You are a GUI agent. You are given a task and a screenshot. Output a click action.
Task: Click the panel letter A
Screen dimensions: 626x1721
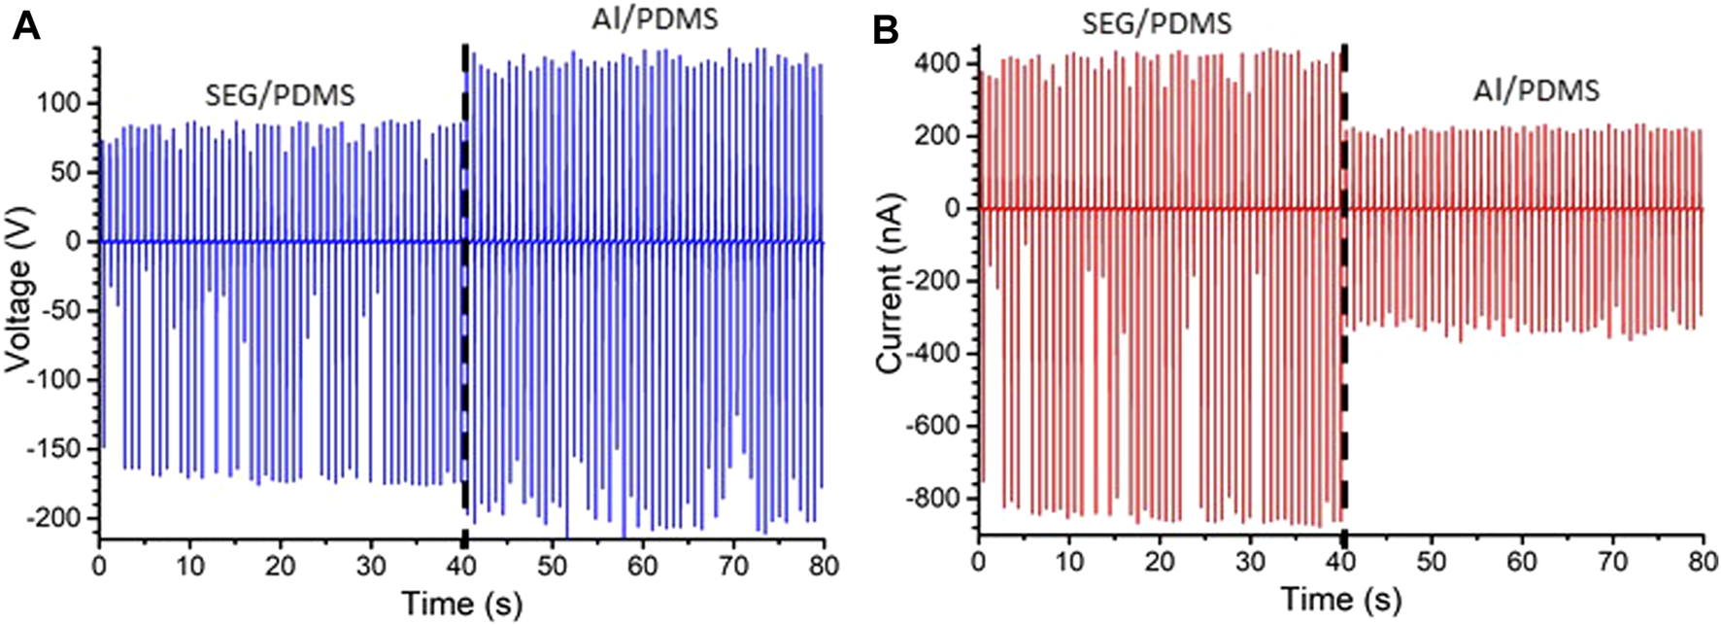click(x=26, y=27)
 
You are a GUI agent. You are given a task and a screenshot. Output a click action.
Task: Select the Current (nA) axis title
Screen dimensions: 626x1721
click(x=891, y=284)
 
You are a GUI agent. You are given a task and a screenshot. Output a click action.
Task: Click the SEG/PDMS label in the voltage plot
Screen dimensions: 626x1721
click(x=280, y=95)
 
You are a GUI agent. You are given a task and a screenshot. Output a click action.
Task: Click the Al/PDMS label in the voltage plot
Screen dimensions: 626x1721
click(x=655, y=18)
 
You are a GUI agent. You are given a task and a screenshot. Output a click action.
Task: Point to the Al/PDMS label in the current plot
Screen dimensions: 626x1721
click(x=1535, y=91)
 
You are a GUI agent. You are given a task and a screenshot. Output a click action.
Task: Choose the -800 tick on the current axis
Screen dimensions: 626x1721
click(x=934, y=498)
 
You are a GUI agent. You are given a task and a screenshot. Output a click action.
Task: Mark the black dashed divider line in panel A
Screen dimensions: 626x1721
click(x=464, y=292)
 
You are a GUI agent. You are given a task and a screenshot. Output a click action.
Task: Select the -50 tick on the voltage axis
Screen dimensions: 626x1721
click(x=70, y=311)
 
